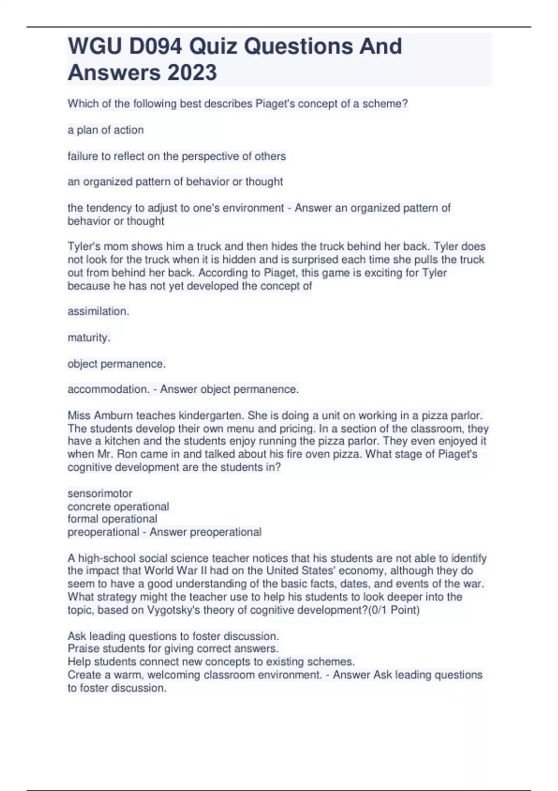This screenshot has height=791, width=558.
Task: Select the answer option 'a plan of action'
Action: (x=106, y=130)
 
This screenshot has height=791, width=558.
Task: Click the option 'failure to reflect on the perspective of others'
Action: (x=177, y=156)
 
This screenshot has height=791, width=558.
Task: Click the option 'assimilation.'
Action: (x=98, y=311)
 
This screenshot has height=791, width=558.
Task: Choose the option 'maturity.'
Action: (x=89, y=337)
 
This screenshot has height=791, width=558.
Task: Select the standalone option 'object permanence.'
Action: (x=116, y=364)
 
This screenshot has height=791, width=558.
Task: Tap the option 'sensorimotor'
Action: (x=100, y=493)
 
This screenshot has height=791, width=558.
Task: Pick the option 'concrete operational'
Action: (x=118, y=506)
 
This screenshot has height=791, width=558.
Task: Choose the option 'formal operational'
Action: (x=112, y=519)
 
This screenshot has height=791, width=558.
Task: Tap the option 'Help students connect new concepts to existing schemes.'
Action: (x=211, y=662)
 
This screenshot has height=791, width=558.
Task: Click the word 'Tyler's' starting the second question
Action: (x=84, y=247)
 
